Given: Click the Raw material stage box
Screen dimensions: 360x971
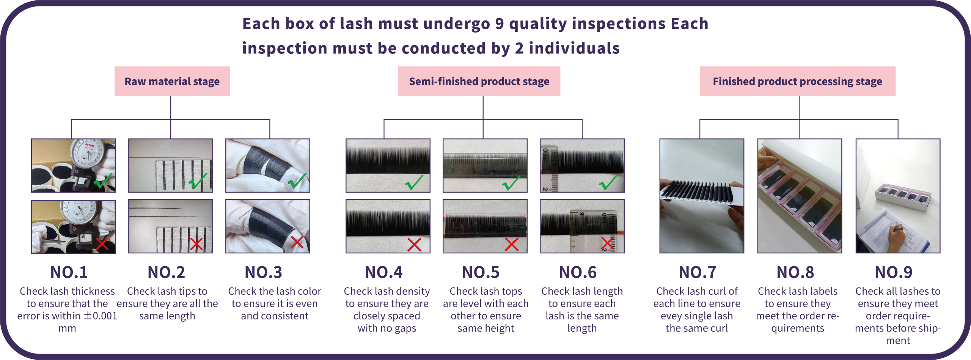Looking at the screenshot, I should (x=172, y=81).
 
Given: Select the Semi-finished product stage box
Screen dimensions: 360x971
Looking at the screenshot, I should (x=479, y=81).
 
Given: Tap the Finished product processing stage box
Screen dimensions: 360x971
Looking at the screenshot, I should (x=797, y=81).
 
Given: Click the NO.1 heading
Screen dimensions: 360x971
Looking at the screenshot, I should (x=69, y=272).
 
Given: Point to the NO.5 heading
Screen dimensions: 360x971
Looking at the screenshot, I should (x=481, y=272).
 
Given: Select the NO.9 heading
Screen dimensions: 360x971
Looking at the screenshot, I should (x=893, y=272).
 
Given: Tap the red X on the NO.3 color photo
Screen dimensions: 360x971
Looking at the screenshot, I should (x=297, y=242).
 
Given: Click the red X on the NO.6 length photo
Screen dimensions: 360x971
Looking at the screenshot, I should (x=608, y=244).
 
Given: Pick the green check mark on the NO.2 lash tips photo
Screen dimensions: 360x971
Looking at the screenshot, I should (x=198, y=181).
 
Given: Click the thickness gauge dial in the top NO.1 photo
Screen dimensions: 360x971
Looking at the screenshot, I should (x=88, y=153).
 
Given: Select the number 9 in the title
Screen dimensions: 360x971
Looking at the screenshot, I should (x=500, y=24).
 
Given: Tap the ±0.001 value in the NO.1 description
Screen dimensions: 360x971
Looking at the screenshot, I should (x=101, y=316).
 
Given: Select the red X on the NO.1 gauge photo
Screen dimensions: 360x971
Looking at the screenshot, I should (x=102, y=244).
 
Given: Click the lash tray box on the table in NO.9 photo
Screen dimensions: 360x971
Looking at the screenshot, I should (x=902, y=197).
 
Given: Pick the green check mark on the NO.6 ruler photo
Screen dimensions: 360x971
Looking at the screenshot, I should (x=608, y=182).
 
